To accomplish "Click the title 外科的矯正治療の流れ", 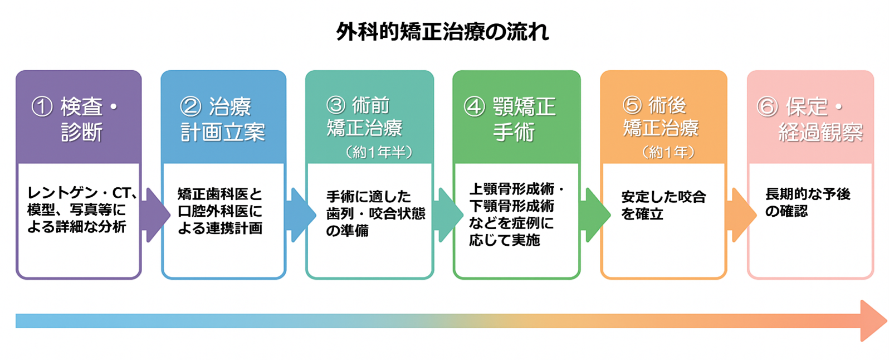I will point(443,32).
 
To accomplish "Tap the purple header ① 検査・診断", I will point(79,119).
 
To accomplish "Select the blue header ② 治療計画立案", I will point(223,119).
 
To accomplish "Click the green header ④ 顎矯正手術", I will point(516,119).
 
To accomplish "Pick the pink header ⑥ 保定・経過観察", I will point(810,119).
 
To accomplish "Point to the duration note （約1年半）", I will point(379,152).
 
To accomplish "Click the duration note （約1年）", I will point(668,152).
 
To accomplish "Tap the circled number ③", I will point(336,105).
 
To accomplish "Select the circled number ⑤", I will point(632,105).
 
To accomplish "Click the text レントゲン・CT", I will point(81,193).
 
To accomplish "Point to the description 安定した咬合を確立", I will point(663,205).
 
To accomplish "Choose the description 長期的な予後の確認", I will point(807,202).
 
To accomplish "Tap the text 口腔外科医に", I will point(219,211).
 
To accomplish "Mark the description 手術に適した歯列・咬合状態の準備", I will point(375,213).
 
